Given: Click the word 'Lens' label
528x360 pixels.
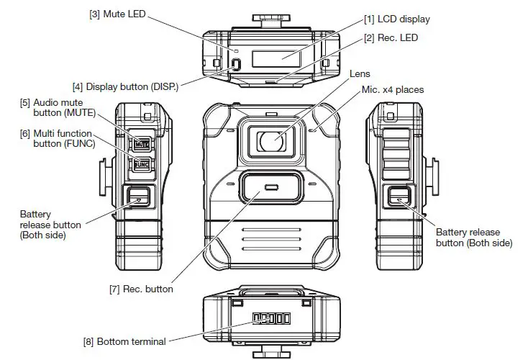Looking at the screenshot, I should pos(360,73).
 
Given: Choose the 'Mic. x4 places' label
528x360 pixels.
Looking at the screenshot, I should pos(392,90).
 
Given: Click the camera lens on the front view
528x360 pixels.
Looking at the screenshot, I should pos(270,140).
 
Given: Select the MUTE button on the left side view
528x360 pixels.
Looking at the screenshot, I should pos(140,143).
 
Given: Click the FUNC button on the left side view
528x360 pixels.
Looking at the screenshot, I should pos(140,165).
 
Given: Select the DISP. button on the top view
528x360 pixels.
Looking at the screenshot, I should pos(235,63).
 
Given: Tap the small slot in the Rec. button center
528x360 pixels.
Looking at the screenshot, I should pos(270,188).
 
